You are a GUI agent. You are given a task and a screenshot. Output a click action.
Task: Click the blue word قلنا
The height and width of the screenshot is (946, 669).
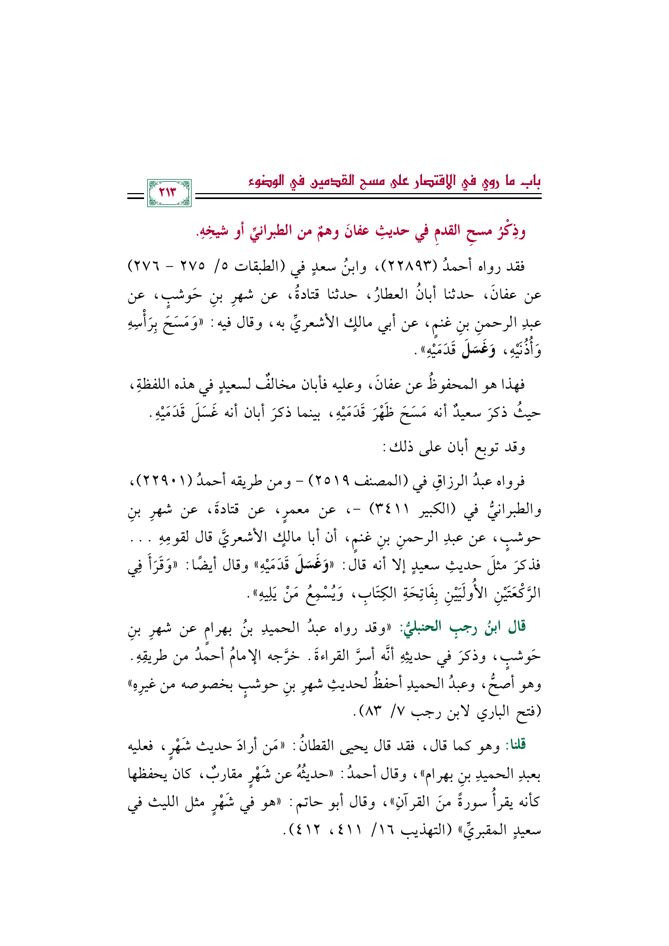(515, 745)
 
